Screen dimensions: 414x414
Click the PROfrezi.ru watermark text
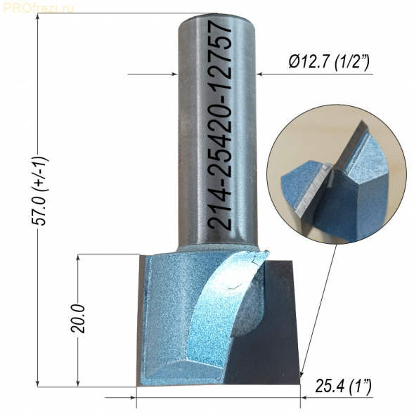point(38,8)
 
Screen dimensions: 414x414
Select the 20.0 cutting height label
point(78,318)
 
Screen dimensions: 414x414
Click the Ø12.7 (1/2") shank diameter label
point(329,63)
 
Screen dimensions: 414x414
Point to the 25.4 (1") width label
point(343,387)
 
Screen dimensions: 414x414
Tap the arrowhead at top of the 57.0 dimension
point(38,17)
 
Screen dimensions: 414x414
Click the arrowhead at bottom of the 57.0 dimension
point(38,383)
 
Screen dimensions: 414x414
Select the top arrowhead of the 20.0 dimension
point(78,258)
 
